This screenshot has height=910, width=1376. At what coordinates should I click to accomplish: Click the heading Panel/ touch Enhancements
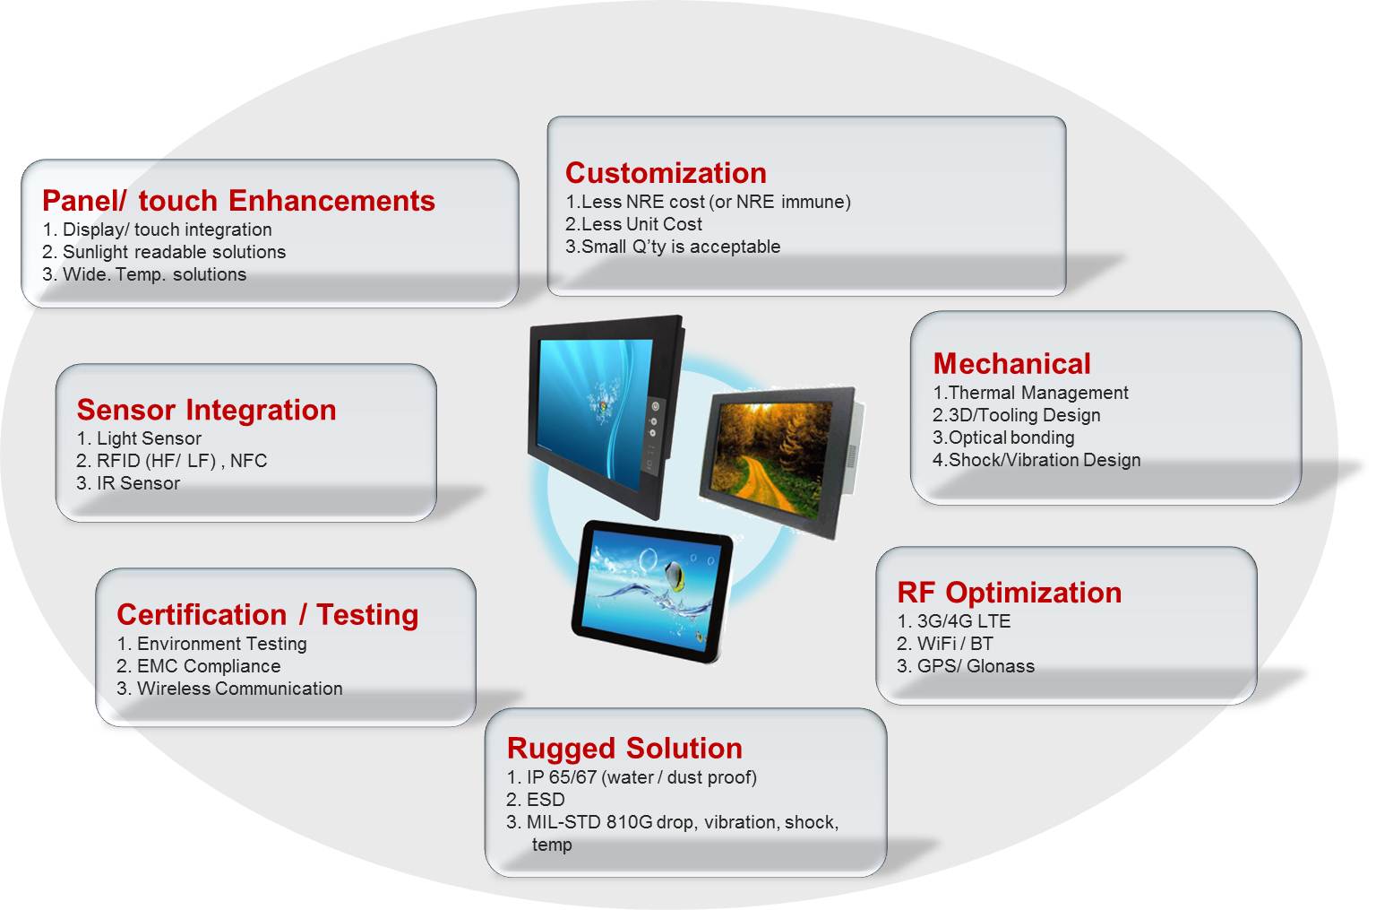tap(238, 201)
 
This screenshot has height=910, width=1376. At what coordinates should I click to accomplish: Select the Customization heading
tap(666, 173)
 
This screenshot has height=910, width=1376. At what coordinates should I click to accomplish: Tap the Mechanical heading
tap(1011, 363)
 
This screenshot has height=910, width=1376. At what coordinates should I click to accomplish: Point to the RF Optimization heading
tap(1009, 593)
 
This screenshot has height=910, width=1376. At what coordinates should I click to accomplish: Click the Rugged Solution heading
tap(624, 748)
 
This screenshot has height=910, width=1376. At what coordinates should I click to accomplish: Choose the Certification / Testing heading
tap(267, 614)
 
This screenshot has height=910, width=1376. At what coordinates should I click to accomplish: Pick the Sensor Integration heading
tap(206, 410)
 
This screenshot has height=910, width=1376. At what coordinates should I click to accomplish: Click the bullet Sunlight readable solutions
tap(173, 252)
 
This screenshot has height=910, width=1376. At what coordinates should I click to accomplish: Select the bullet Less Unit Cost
tap(641, 224)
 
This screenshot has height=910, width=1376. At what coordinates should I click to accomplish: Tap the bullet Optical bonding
tap(1010, 438)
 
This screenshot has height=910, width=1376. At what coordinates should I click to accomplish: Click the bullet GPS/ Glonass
tap(975, 666)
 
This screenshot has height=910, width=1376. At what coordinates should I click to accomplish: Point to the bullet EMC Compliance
tap(208, 666)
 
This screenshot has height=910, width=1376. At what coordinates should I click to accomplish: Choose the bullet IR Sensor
tap(138, 483)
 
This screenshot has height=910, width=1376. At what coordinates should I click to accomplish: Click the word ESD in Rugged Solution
tap(545, 800)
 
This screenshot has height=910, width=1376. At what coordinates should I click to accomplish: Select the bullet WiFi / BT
tap(954, 644)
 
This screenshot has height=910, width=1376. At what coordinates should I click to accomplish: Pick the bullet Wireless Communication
tap(239, 689)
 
